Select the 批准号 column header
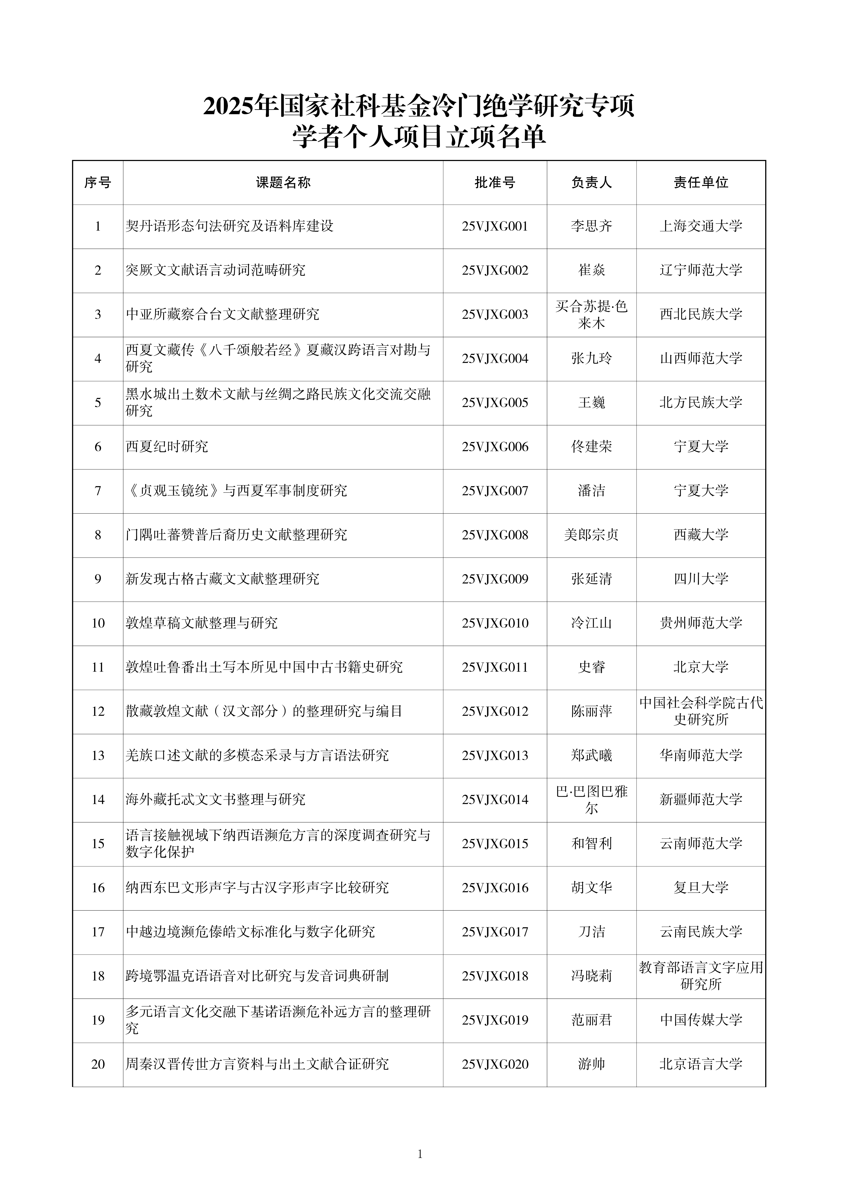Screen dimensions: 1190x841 pos(495,182)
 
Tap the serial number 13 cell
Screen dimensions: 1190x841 pos(98,755)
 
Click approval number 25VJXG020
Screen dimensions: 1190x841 pos(495,1064)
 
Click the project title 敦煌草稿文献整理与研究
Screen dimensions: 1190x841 pos(202,623)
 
